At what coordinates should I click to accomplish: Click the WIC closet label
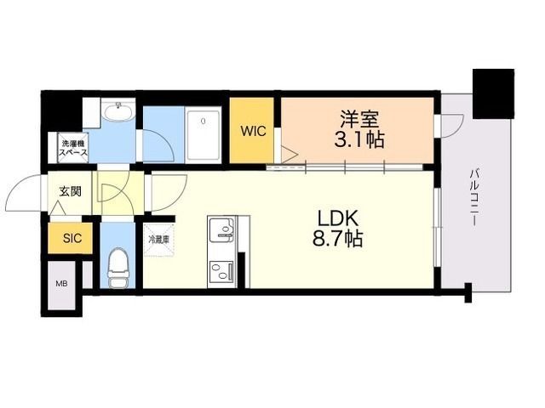[x=254, y=131]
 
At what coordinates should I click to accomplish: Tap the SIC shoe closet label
[x=72, y=238]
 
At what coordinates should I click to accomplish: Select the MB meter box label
[x=61, y=284]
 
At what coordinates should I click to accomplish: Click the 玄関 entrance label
[x=70, y=191]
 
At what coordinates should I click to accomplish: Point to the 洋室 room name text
[x=359, y=118]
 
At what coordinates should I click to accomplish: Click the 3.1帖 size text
[x=359, y=139]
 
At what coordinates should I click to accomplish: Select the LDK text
[x=337, y=218]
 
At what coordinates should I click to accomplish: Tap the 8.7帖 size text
[x=337, y=239]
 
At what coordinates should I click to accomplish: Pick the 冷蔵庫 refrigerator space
[x=158, y=240]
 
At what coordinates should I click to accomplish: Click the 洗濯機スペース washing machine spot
[x=72, y=148]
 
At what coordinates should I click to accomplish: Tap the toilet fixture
[x=118, y=267]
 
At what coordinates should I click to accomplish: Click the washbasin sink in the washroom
[x=118, y=112]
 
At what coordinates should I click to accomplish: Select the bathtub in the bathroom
[x=203, y=134]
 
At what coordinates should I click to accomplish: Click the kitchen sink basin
[x=221, y=229]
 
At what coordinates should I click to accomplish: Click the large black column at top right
[x=493, y=93]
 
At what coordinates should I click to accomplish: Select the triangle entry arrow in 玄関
[x=57, y=208]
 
